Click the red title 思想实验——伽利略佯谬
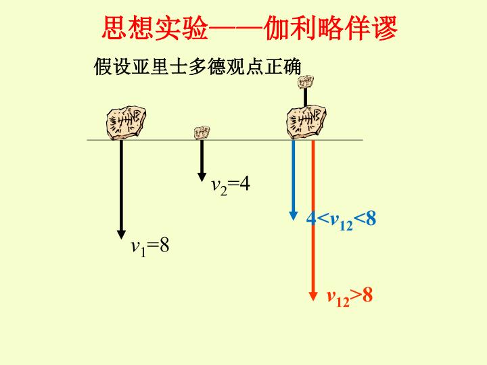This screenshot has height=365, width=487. coord(250,28)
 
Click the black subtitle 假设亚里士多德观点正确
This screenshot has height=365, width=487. coord(198,66)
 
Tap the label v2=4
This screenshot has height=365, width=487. coord(231,186)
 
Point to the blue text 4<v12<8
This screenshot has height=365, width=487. coord(341,220)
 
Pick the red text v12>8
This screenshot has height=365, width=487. coord(350,297)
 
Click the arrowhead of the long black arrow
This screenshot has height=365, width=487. coord(122,235)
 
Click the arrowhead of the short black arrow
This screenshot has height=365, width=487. coord(202,177)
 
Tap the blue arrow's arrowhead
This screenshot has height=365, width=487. coord(293,216)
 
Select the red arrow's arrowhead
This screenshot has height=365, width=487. coord(313,297)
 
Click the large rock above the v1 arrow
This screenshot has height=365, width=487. coord(126,122)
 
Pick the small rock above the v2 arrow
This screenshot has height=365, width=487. coord(202,133)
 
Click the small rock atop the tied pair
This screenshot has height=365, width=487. coord(306,82)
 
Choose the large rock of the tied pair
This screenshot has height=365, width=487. coord(306,122)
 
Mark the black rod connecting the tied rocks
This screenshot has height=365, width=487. coord(306,98)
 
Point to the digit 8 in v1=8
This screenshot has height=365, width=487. coord(164,245)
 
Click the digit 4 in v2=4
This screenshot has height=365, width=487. coord(245,184)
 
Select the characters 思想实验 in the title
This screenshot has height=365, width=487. coord(154,28)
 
